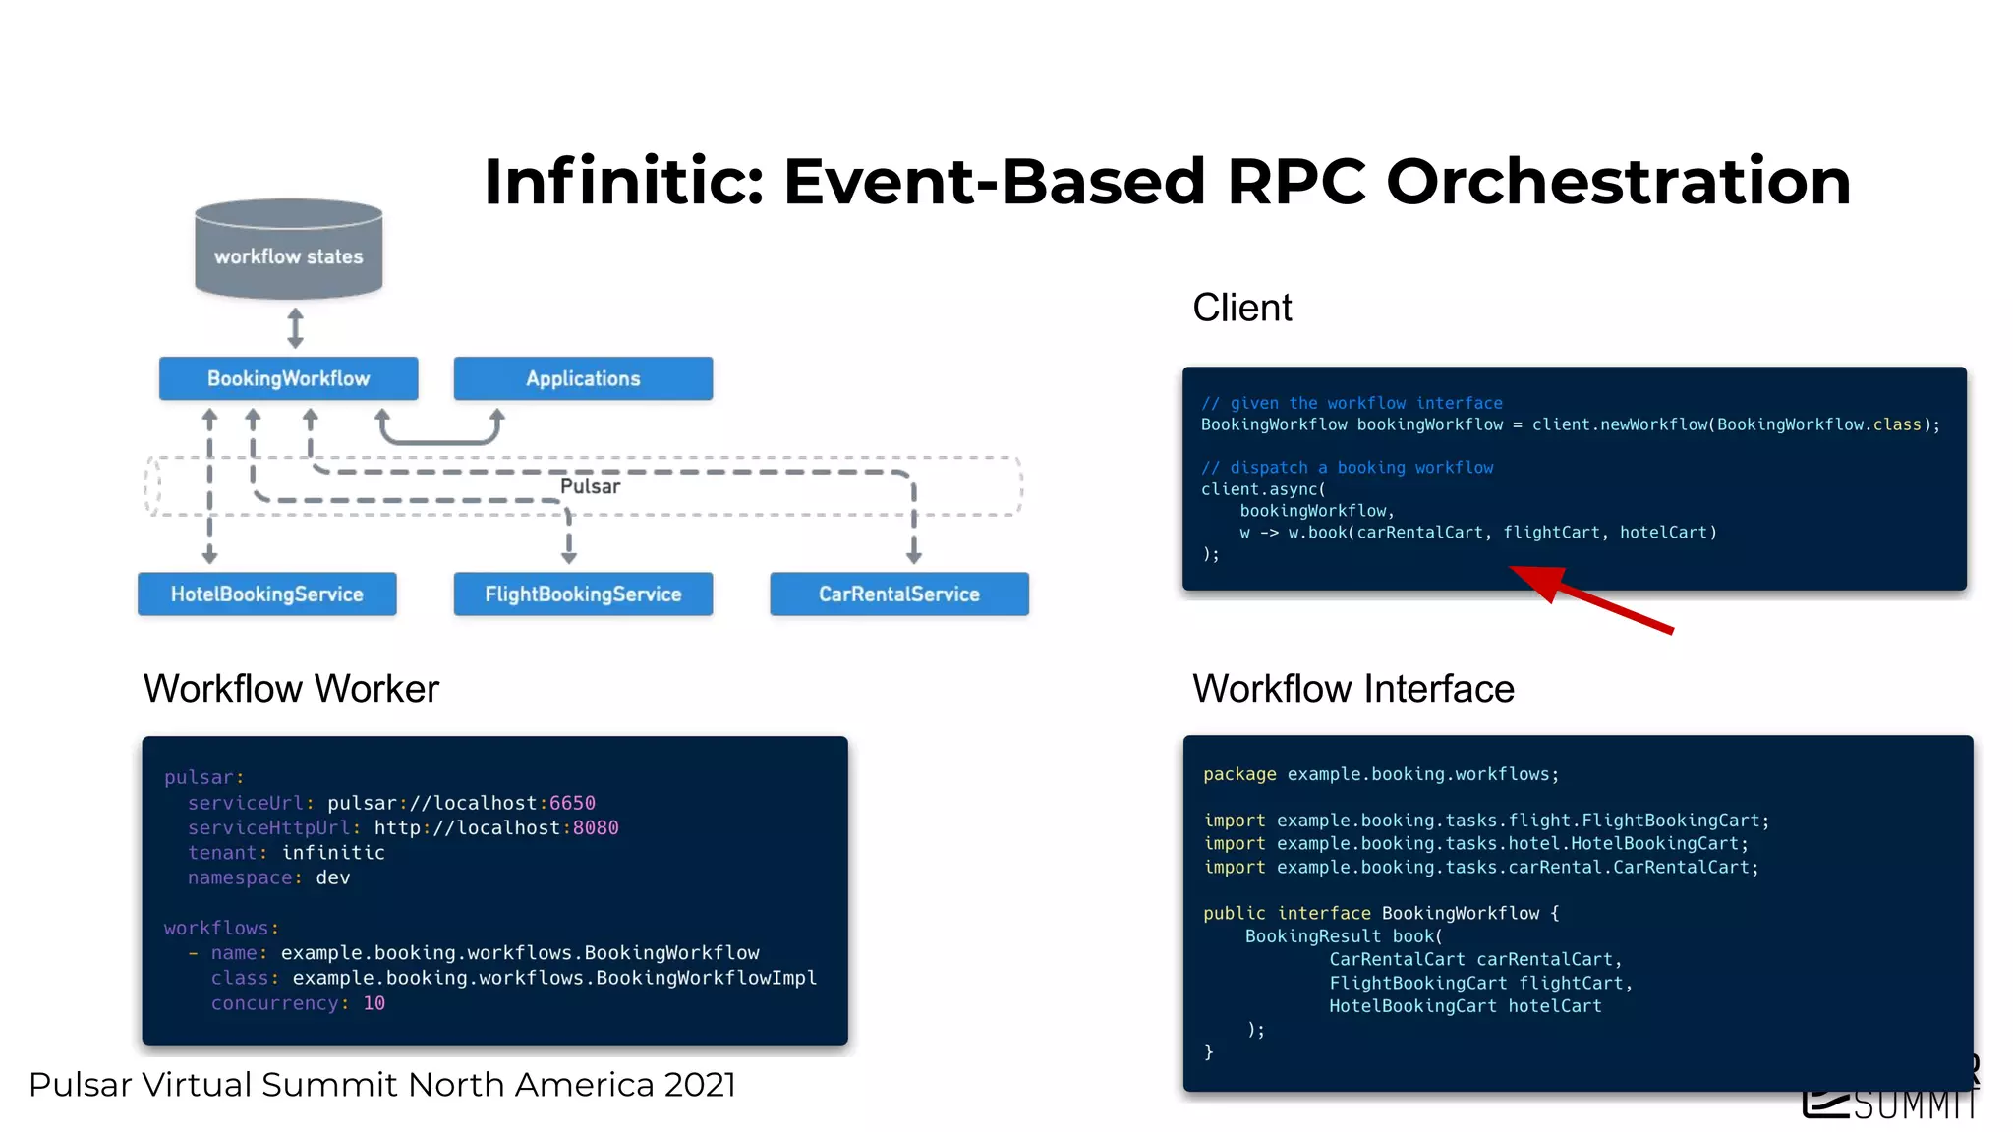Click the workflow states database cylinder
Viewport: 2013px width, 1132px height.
pos(288,251)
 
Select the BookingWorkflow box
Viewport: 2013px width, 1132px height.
pos(288,378)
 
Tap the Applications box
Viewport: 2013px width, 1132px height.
pos(583,378)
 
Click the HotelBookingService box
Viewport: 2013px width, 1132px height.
pos(266,594)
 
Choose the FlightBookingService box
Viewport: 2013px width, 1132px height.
pos(583,594)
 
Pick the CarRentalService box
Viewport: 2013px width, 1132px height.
pos(898,594)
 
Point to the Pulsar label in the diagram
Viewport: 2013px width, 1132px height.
pos(590,486)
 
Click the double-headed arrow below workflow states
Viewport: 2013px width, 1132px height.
pos(295,328)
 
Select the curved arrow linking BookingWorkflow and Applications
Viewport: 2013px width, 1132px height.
pos(439,438)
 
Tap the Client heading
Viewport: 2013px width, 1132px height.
pos(1241,308)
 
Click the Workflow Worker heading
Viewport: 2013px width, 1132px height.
pos(291,689)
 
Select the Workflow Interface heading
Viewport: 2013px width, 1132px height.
pos(1352,689)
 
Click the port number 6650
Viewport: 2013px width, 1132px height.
pos(572,803)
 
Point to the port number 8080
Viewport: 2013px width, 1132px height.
pos(596,827)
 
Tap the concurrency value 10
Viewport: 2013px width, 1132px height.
pos(374,1003)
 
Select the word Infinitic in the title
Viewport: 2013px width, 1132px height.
pos(623,182)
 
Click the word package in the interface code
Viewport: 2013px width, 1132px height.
pos(1239,774)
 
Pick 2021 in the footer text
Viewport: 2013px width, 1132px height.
pos(699,1085)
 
